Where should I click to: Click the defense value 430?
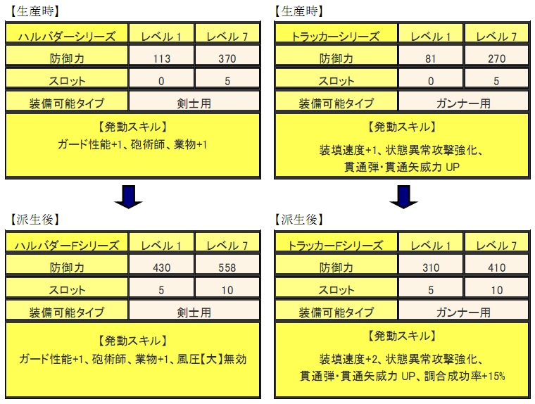pos(161,268)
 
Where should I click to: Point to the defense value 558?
pos(227,268)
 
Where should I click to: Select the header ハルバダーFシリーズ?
pos(67,246)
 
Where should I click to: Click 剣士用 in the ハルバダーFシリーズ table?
pos(194,313)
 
